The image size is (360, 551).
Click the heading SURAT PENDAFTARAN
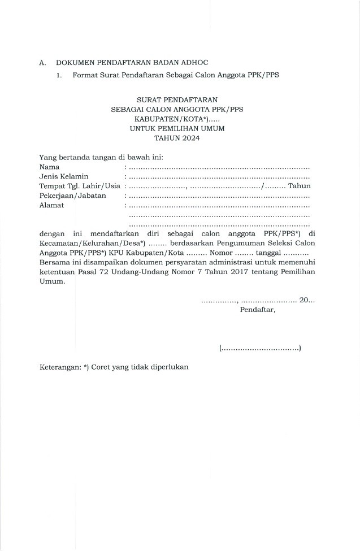177,99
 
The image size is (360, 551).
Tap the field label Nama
49,167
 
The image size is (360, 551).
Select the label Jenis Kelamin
64,176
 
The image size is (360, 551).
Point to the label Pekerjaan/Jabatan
72,196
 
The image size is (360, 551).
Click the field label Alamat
51,205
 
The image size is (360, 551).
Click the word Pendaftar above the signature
258,310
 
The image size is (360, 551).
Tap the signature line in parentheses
259,349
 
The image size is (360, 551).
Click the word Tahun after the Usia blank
299,186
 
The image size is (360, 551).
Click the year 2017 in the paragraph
242,272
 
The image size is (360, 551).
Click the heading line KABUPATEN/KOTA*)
171,119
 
